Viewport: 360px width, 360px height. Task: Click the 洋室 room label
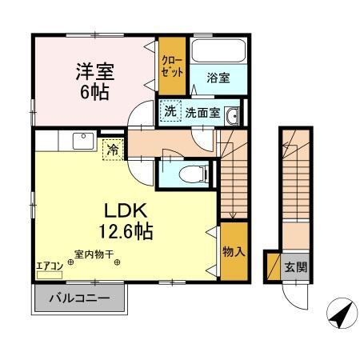click(95, 71)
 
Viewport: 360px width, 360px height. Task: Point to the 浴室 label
click(217, 78)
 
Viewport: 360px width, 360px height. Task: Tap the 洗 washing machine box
click(170, 112)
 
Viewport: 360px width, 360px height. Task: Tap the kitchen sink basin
click(82, 142)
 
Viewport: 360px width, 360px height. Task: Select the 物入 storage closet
click(233, 253)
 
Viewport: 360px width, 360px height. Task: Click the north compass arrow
click(341, 315)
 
